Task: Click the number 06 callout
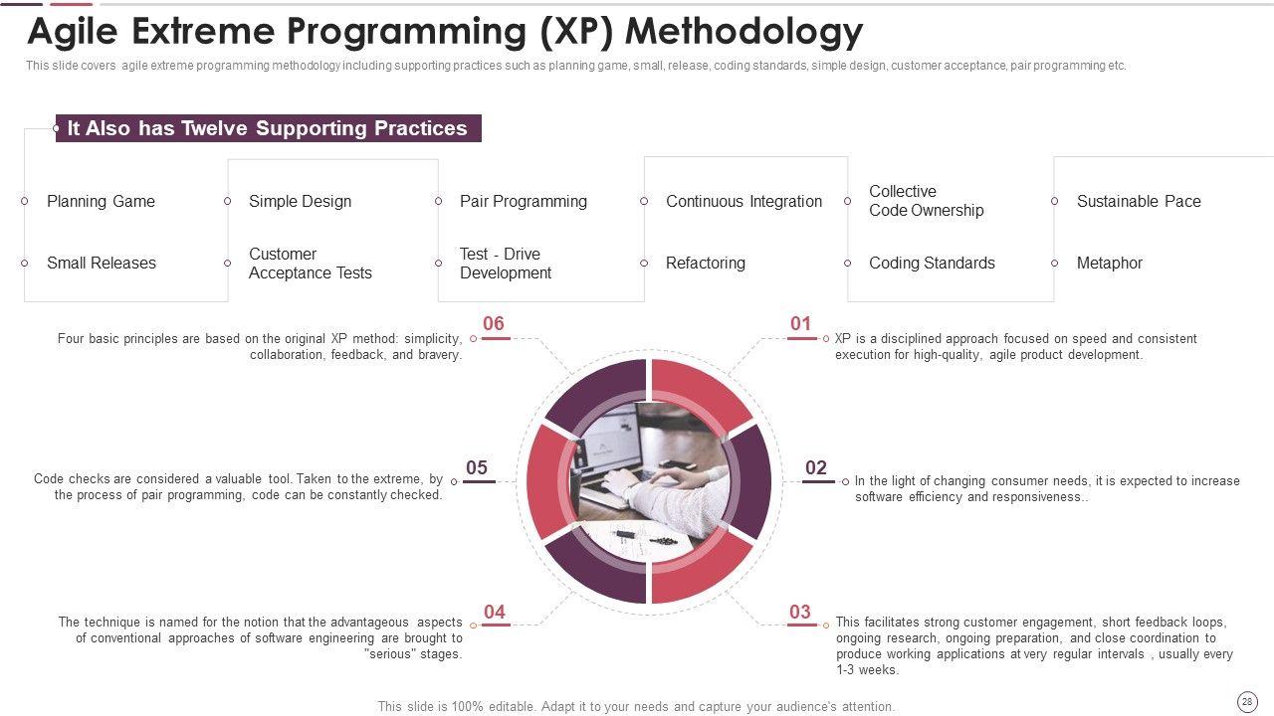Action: [493, 323]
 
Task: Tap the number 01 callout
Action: [800, 323]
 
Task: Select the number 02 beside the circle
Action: [815, 467]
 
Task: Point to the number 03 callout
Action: [799, 612]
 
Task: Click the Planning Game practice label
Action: [101, 201]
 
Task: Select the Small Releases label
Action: [102, 264]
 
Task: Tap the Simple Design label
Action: [300, 201]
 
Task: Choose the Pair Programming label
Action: [524, 201]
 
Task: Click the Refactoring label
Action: [706, 264]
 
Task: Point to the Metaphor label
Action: [1109, 264]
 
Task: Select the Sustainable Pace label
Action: [1139, 201]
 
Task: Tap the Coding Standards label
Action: [932, 264]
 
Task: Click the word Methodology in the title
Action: [743, 32]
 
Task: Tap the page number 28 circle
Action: [1247, 702]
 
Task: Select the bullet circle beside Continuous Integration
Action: [644, 201]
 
